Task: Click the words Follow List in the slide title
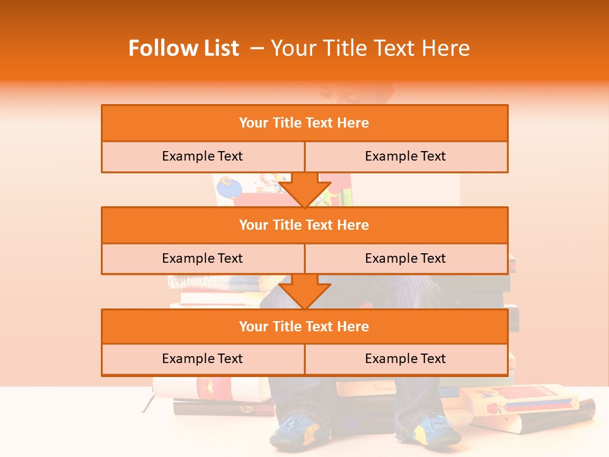pyautogui.click(x=183, y=48)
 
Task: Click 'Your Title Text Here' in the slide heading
pyautogui.click(x=370, y=48)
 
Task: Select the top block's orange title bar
pyautogui.click(x=304, y=123)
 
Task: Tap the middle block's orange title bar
pyautogui.click(x=304, y=225)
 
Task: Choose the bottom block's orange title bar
pyautogui.click(x=304, y=326)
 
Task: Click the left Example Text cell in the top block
pyautogui.click(x=202, y=156)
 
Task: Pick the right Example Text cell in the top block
pyautogui.click(x=405, y=156)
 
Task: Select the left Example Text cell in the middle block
pyautogui.click(x=202, y=258)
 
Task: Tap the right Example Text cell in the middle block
pyautogui.click(x=405, y=258)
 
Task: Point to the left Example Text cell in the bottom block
pyautogui.click(x=202, y=359)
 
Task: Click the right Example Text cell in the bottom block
pyautogui.click(x=405, y=359)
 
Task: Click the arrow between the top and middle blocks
pyautogui.click(x=304, y=190)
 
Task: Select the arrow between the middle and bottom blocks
pyautogui.click(x=304, y=291)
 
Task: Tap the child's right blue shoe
pyautogui.click(x=438, y=431)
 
